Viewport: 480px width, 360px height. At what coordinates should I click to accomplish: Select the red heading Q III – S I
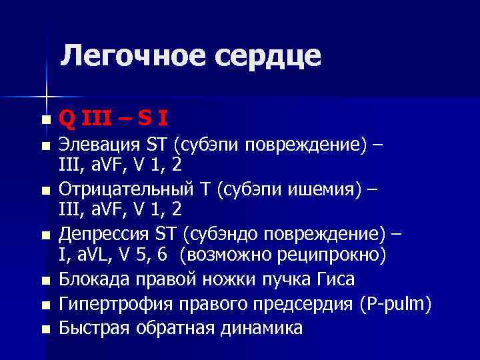coord(113,119)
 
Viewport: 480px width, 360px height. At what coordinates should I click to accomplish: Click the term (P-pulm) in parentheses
coord(395,305)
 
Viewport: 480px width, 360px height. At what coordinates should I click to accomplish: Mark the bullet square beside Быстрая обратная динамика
coord(45,329)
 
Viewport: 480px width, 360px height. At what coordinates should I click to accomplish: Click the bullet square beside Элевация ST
coord(45,146)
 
